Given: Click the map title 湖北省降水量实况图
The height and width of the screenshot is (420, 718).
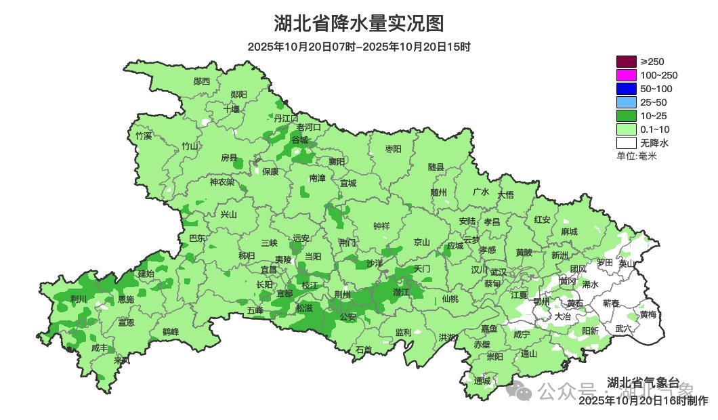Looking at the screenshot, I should (x=359, y=24).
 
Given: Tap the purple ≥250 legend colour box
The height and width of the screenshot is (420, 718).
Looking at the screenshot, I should (x=626, y=62).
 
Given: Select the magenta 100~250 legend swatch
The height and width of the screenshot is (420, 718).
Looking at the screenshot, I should (x=626, y=75).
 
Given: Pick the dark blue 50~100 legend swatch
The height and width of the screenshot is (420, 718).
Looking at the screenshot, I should (x=626, y=89).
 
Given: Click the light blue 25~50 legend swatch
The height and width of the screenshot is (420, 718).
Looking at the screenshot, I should (x=626, y=102).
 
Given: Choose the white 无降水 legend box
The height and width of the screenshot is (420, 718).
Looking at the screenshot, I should (x=626, y=143).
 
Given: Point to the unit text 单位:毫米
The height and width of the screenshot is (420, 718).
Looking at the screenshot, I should (x=637, y=156).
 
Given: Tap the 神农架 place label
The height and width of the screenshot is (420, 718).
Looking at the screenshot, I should (x=221, y=182).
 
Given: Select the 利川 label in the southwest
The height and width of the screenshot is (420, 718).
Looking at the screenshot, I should (x=79, y=299).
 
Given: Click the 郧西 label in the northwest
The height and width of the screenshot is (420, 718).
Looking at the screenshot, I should (x=202, y=81).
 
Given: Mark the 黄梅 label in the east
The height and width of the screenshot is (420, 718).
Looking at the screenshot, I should (x=648, y=315).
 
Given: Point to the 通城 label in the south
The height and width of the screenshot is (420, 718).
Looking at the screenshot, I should (x=482, y=381).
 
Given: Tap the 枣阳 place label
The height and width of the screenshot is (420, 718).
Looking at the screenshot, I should (x=393, y=148).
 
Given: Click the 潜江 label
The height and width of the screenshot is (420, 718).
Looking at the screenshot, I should (x=401, y=292).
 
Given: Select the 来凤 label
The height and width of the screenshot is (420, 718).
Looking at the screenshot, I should (x=122, y=360).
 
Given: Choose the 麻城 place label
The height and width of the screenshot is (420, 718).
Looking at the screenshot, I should (x=569, y=232).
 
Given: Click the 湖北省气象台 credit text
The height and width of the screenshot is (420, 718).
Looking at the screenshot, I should (x=643, y=382).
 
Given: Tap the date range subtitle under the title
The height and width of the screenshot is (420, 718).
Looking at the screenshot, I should (x=359, y=47).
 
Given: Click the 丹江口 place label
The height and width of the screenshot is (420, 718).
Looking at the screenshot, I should (x=286, y=118).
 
